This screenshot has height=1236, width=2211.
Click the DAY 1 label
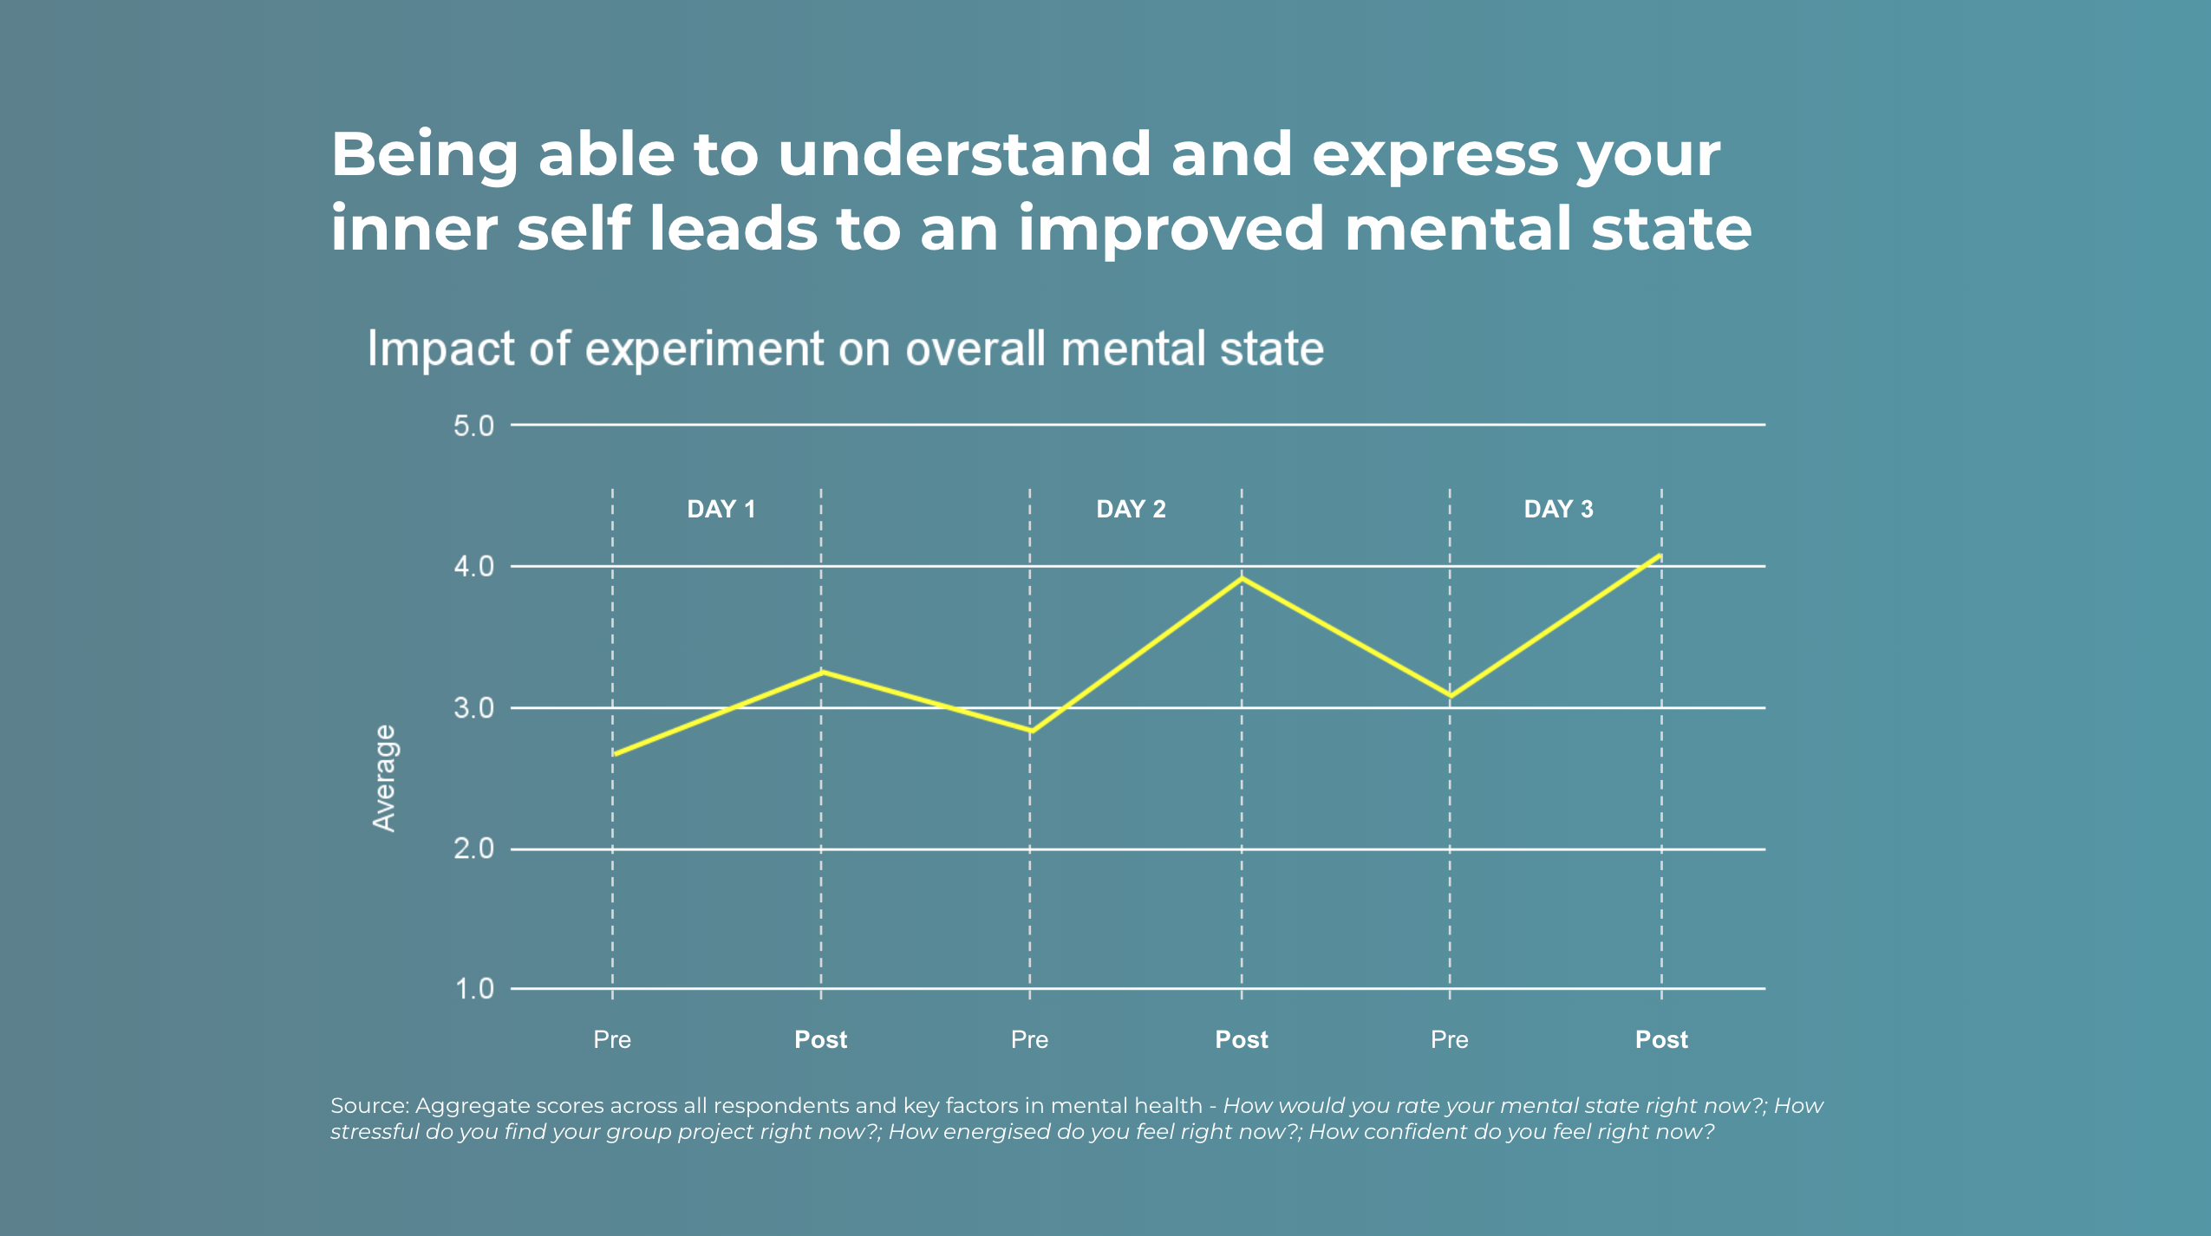tap(721, 509)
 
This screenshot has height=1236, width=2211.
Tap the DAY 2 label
tap(1131, 509)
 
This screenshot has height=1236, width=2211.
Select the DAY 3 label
tap(1558, 509)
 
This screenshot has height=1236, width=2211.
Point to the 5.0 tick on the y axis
tap(473, 426)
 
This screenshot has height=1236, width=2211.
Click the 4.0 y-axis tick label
tap(473, 567)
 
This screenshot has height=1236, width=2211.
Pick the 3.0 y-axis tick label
tap(473, 708)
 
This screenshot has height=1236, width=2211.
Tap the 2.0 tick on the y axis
tap(473, 849)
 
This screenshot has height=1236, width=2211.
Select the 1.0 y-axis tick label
tap(474, 989)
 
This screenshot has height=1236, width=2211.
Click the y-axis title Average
tap(384, 778)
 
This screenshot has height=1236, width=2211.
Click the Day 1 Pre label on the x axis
tap(612, 1039)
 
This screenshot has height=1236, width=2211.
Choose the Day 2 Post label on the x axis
tap(1241, 1039)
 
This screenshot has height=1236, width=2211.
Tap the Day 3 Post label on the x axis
tap(1661, 1039)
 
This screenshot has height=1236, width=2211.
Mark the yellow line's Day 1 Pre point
tap(614, 754)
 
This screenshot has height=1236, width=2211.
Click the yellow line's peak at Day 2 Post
tap(1242, 578)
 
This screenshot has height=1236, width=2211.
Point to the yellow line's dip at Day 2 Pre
tap(1030, 732)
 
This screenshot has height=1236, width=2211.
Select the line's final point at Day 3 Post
tap(1660, 556)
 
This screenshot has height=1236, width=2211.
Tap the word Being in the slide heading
tap(424, 155)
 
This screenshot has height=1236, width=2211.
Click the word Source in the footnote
tap(368, 1106)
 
